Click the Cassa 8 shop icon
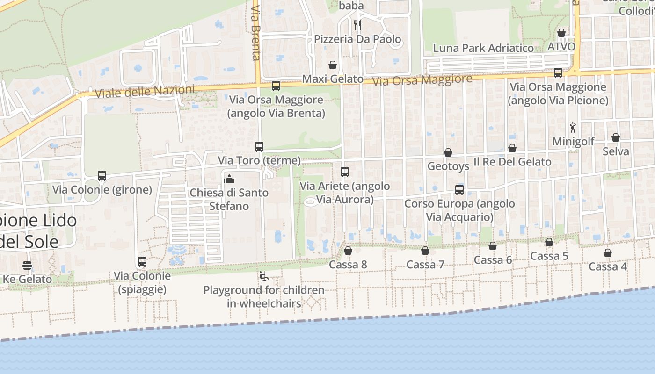pos(348,251)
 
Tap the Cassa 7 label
pos(425,265)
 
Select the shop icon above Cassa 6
pos(493,246)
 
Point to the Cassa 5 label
pos(549,256)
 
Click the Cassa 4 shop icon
pos(607,253)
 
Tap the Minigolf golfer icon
pos(573,127)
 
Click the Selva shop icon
pos(616,137)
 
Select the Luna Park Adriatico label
pos(483,48)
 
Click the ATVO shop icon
pos(561,33)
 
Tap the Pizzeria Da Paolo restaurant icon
pos(357,25)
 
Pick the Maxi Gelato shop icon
pos(333,65)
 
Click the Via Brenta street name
pos(255,33)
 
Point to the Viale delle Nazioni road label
pos(144,91)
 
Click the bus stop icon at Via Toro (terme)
pos(259,146)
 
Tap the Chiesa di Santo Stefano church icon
pos(229,179)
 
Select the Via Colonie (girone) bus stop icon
pos(102,176)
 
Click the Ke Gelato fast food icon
pos(27,266)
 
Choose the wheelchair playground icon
pos(264,276)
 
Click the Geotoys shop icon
pos(448,152)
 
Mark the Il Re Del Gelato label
pos(512,162)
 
